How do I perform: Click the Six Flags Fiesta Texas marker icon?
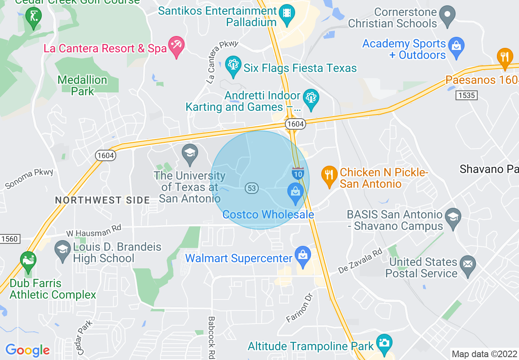point(234,66)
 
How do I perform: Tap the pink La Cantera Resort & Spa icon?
point(177,46)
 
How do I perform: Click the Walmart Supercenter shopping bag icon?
point(303,256)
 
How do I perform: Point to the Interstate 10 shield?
point(298,173)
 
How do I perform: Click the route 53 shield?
point(252,188)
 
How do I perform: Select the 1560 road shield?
point(9,239)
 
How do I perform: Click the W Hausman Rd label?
point(94,232)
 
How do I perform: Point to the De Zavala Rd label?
point(361,262)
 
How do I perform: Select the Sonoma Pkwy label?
point(29,179)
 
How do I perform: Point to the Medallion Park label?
point(83,85)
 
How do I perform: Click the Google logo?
point(27,351)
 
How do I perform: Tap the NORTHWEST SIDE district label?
point(103,200)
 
